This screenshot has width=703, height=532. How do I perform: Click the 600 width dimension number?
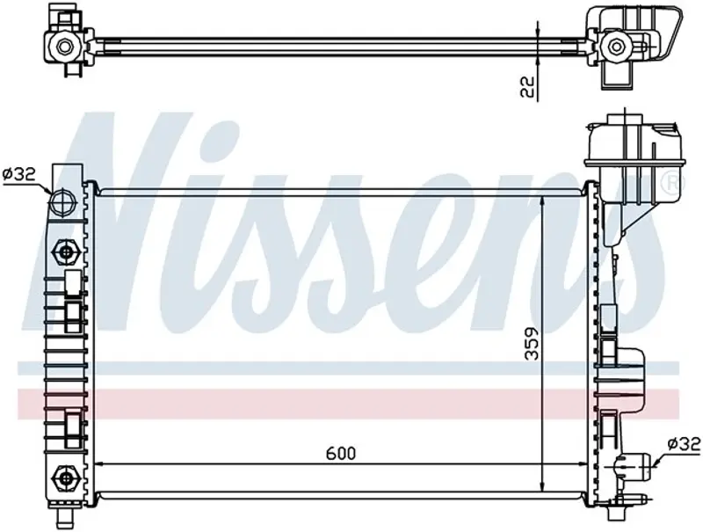tap(341, 454)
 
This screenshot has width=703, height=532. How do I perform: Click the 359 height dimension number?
tap(533, 344)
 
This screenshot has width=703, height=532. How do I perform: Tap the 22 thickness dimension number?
tap(529, 86)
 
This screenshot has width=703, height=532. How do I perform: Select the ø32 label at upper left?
tap(19, 173)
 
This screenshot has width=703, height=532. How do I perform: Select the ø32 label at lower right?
tap(684, 444)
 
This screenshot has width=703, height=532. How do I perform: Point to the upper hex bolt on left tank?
tap(65, 252)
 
